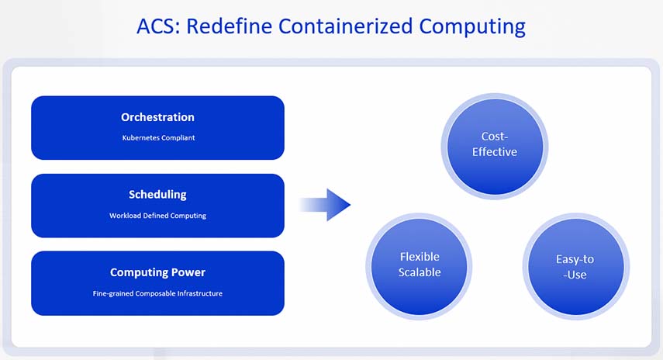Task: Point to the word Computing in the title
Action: coord(472,26)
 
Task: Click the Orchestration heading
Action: coord(157,117)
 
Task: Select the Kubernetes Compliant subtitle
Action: coord(157,138)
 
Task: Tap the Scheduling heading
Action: coord(157,195)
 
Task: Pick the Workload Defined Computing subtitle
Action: coord(157,216)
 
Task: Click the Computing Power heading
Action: coord(157,272)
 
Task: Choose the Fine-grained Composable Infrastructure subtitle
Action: coord(157,293)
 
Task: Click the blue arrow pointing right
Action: coord(326,205)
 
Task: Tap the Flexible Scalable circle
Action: coord(420,265)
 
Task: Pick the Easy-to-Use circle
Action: coord(575,265)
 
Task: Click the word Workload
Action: coord(126,216)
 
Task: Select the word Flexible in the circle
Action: coord(420,257)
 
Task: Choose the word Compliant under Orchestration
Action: coord(178,138)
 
